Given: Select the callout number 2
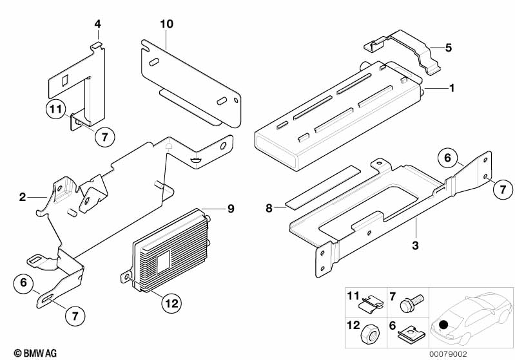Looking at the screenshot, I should click(23, 197).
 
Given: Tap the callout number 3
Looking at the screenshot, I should click(415, 245).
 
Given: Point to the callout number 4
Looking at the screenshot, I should click(97, 24).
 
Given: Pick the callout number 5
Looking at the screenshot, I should click(449, 46).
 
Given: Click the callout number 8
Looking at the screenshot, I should click(269, 208).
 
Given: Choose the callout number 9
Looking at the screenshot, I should click(231, 208).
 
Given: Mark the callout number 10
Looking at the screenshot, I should click(167, 24).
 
